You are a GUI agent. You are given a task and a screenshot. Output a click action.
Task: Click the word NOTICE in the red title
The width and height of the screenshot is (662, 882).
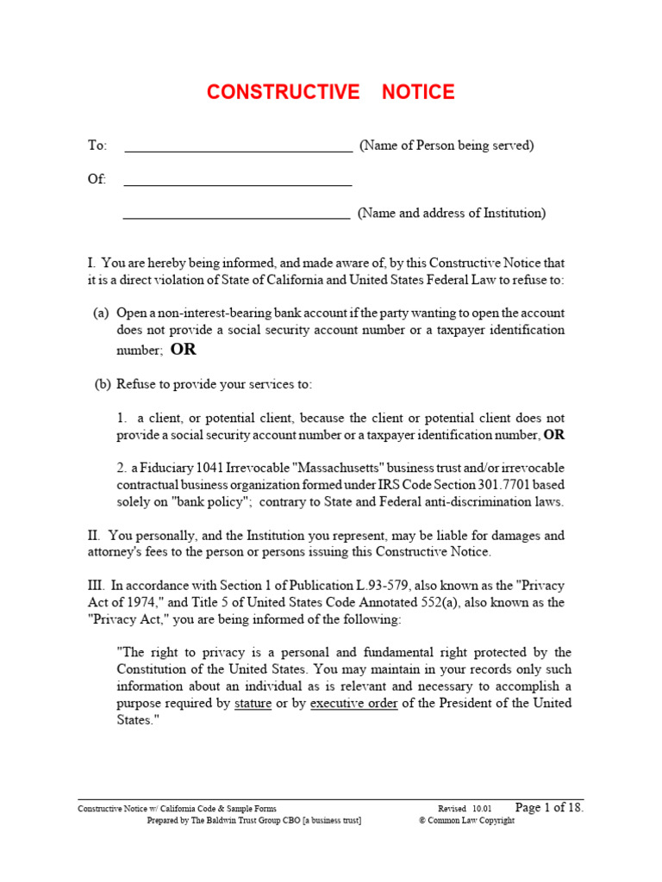click(418, 92)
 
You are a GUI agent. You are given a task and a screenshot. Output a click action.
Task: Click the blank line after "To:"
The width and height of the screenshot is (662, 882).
click(238, 150)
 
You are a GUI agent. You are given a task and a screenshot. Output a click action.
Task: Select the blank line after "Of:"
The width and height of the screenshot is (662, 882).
click(238, 183)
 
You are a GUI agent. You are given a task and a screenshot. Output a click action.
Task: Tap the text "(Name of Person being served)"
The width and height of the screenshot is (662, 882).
click(447, 146)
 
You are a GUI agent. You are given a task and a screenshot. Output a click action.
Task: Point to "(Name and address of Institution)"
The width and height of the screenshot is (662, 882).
click(452, 213)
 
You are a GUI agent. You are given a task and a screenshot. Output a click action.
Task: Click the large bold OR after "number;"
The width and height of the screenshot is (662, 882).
click(183, 349)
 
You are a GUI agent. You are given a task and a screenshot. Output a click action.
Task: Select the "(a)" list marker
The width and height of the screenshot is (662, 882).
click(101, 314)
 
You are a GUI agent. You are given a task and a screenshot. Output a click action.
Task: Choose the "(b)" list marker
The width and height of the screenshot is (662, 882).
click(103, 384)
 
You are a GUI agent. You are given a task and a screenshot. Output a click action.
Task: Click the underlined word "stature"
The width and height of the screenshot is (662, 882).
click(253, 704)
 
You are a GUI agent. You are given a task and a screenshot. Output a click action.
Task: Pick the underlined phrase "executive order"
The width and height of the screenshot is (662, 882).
click(353, 704)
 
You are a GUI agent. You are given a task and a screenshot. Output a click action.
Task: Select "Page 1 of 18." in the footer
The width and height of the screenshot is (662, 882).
click(549, 808)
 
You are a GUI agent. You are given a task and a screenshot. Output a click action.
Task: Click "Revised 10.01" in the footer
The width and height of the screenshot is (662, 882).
click(465, 810)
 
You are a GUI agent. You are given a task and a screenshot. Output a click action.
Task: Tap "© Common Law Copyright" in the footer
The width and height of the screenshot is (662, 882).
click(466, 821)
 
